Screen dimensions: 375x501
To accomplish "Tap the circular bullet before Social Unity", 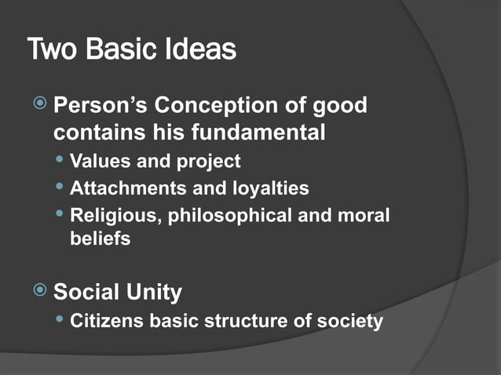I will (x=40, y=292).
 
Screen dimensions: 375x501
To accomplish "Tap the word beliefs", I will (x=100, y=239).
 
